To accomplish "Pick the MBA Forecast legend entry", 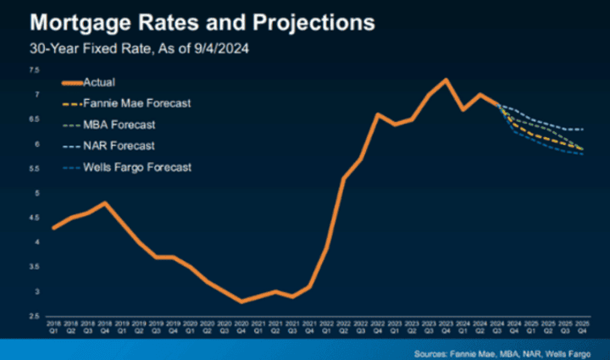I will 119,125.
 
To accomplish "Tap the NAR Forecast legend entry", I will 119,146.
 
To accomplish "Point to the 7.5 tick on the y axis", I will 34,71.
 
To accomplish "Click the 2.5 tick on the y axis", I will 34,316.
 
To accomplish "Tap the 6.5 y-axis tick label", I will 34,120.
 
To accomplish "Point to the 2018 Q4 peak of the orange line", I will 104,203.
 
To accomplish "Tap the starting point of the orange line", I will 54,228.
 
